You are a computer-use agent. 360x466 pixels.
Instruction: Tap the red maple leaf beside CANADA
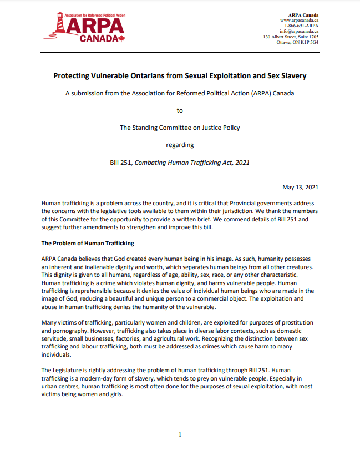click(x=121, y=39)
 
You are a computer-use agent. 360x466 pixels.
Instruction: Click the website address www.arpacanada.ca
click(x=298, y=20)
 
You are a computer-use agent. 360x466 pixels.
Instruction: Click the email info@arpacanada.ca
click(x=299, y=31)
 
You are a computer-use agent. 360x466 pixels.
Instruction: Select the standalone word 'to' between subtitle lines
click(x=180, y=110)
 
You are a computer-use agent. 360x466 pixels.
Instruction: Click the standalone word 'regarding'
click(x=180, y=145)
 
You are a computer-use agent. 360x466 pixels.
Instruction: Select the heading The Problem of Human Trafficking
click(x=88, y=243)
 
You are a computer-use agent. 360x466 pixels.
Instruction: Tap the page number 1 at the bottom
click(x=180, y=434)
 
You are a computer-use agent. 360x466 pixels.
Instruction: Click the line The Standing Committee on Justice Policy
click(x=180, y=128)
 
